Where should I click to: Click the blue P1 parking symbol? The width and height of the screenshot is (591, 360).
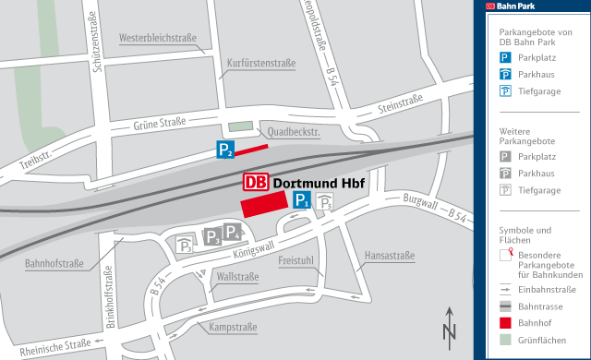pyautogui.click(x=300, y=200)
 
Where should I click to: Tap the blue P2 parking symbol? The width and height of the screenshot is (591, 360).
pyautogui.click(x=225, y=149)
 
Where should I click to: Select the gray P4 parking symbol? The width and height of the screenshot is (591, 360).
pyautogui.click(x=232, y=232)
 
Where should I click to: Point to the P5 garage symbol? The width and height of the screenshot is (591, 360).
pyautogui.click(x=324, y=202)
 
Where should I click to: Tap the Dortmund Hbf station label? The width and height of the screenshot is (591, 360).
pyautogui.click(x=320, y=183)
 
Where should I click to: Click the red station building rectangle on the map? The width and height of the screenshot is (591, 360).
pyautogui.click(x=264, y=204)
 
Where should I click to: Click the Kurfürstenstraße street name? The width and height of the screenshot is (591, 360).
pyautogui.click(x=260, y=64)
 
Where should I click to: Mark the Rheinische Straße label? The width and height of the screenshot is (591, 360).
pyautogui.click(x=55, y=346)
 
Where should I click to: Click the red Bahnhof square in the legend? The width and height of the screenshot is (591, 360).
pyautogui.click(x=505, y=324)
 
